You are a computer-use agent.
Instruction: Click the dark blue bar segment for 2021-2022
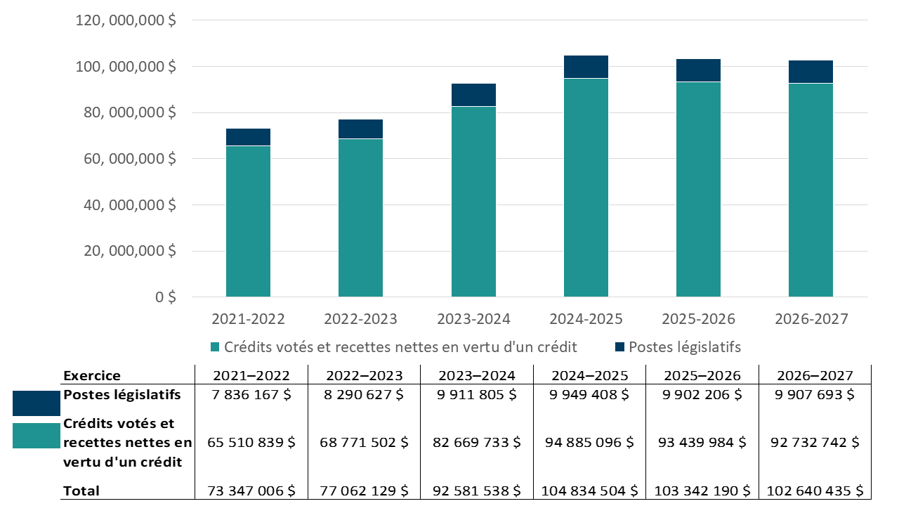tap(248, 137)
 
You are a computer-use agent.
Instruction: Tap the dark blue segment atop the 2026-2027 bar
tap(811, 72)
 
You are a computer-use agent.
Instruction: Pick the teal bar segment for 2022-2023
tap(360, 218)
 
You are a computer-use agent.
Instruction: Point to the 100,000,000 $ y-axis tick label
tap(126, 67)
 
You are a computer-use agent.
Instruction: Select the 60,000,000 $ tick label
tap(126, 159)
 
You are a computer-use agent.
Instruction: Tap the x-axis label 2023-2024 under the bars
tap(473, 319)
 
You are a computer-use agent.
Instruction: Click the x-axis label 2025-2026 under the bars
tap(698, 319)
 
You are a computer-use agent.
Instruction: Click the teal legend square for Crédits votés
tap(216, 347)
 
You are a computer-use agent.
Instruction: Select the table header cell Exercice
tap(91, 376)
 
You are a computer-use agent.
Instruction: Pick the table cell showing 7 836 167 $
tap(250, 395)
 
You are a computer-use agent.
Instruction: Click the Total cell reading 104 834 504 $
tap(589, 491)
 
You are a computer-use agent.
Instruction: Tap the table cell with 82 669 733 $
tap(476, 443)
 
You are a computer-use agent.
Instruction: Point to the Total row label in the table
tap(81, 491)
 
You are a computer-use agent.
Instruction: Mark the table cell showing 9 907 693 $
tap(814, 395)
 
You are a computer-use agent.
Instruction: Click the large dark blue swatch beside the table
tap(37, 403)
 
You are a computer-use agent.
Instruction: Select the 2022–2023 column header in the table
tap(363, 376)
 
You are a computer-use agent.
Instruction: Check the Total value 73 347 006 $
tap(250, 491)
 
